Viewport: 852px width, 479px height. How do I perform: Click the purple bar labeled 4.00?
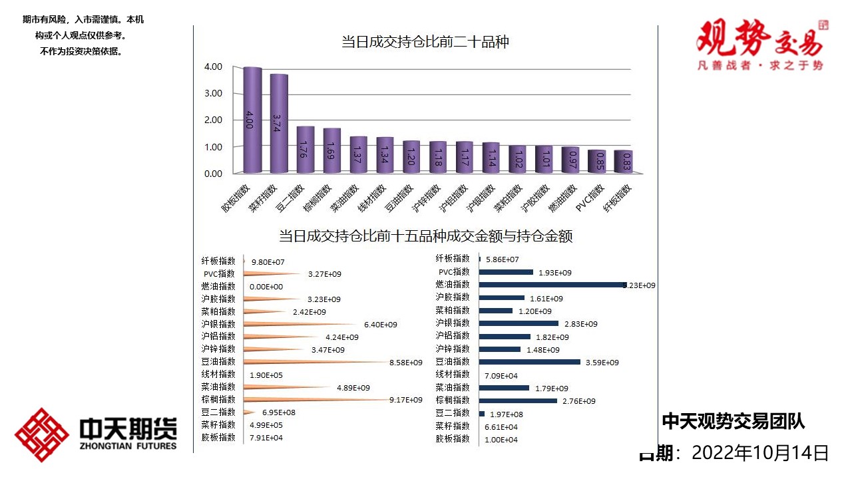[x=252, y=120]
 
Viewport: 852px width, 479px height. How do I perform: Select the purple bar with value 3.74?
[x=279, y=123]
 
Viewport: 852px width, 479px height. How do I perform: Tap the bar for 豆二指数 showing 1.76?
[x=305, y=150]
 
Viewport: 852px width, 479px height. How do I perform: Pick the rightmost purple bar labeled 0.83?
[x=623, y=162]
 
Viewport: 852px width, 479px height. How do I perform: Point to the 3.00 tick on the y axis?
[x=213, y=93]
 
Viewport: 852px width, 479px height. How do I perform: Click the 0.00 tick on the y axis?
[x=213, y=174]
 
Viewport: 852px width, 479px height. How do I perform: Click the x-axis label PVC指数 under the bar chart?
[x=590, y=198]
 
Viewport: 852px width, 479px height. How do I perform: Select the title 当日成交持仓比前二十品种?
[x=425, y=43]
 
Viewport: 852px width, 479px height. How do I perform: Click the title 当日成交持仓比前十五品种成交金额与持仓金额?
[x=425, y=236]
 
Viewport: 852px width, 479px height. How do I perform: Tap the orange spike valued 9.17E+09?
[x=313, y=400]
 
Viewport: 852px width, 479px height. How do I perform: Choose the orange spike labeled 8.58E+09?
[x=313, y=362]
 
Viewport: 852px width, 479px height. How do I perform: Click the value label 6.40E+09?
[x=381, y=324]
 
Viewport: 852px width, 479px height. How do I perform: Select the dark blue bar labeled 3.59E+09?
[x=530, y=362]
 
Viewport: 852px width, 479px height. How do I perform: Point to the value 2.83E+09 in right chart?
[x=581, y=324]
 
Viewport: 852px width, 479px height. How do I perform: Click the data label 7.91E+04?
[x=266, y=438]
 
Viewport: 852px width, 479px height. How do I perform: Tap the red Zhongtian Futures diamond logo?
[x=42, y=435]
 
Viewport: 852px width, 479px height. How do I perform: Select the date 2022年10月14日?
[x=760, y=453]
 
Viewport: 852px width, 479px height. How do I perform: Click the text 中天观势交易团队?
[x=733, y=421]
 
